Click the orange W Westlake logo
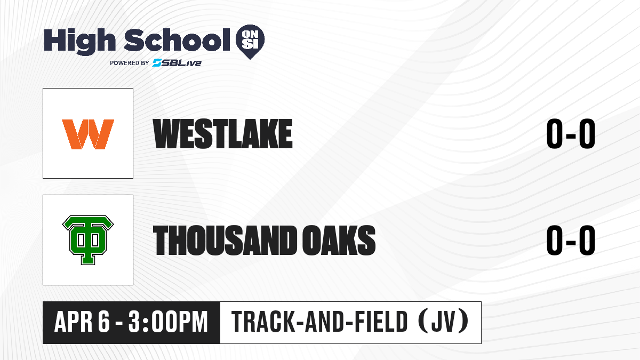pyautogui.click(x=88, y=134)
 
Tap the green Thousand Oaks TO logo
pyautogui.click(x=88, y=240)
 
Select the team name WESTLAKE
pyautogui.click(x=223, y=134)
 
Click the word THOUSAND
pyautogui.click(x=225, y=240)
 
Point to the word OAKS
pyautogui.click(x=339, y=240)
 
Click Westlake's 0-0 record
pyautogui.click(x=571, y=134)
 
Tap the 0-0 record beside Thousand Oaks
pyautogui.click(x=571, y=240)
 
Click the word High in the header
pyautogui.click(x=80, y=42)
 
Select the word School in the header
pyautogui.click(x=177, y=40)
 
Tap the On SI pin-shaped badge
pyautogui.click(x=250, y=42)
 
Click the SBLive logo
pyautogui.click(x=177, y=63)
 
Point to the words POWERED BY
pyautogui.click(x=130, y=63)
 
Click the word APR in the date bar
pyautogui.click(x=74, y=322)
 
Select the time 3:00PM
pyautogui.click(x=168, y=322)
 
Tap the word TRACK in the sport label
pyautogui.click(x=262, y=322)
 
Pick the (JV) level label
pyautogui.click(x=443, y=322)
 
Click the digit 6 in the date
pyautogui.click(x=104, y=322)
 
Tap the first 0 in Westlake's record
pyautogui.click(x=555, y=134)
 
